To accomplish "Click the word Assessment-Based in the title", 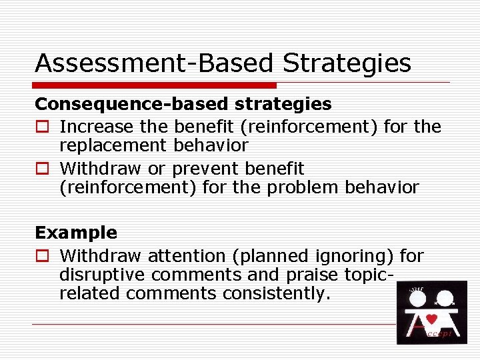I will pyautogui.click(x=154, y=63).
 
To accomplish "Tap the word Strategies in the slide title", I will pyautogui.click(x=347, y=63).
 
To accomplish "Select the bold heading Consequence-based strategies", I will pyautogui.click(x=183, y=104).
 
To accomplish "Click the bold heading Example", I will pyautogui.click(x=75, y=233).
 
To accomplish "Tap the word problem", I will pyautogui.click(x=306, y=187).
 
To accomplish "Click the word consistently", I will pyautogui.click(x=276, y=293).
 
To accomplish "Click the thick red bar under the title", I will pyautogui.click(x=155, y=85).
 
